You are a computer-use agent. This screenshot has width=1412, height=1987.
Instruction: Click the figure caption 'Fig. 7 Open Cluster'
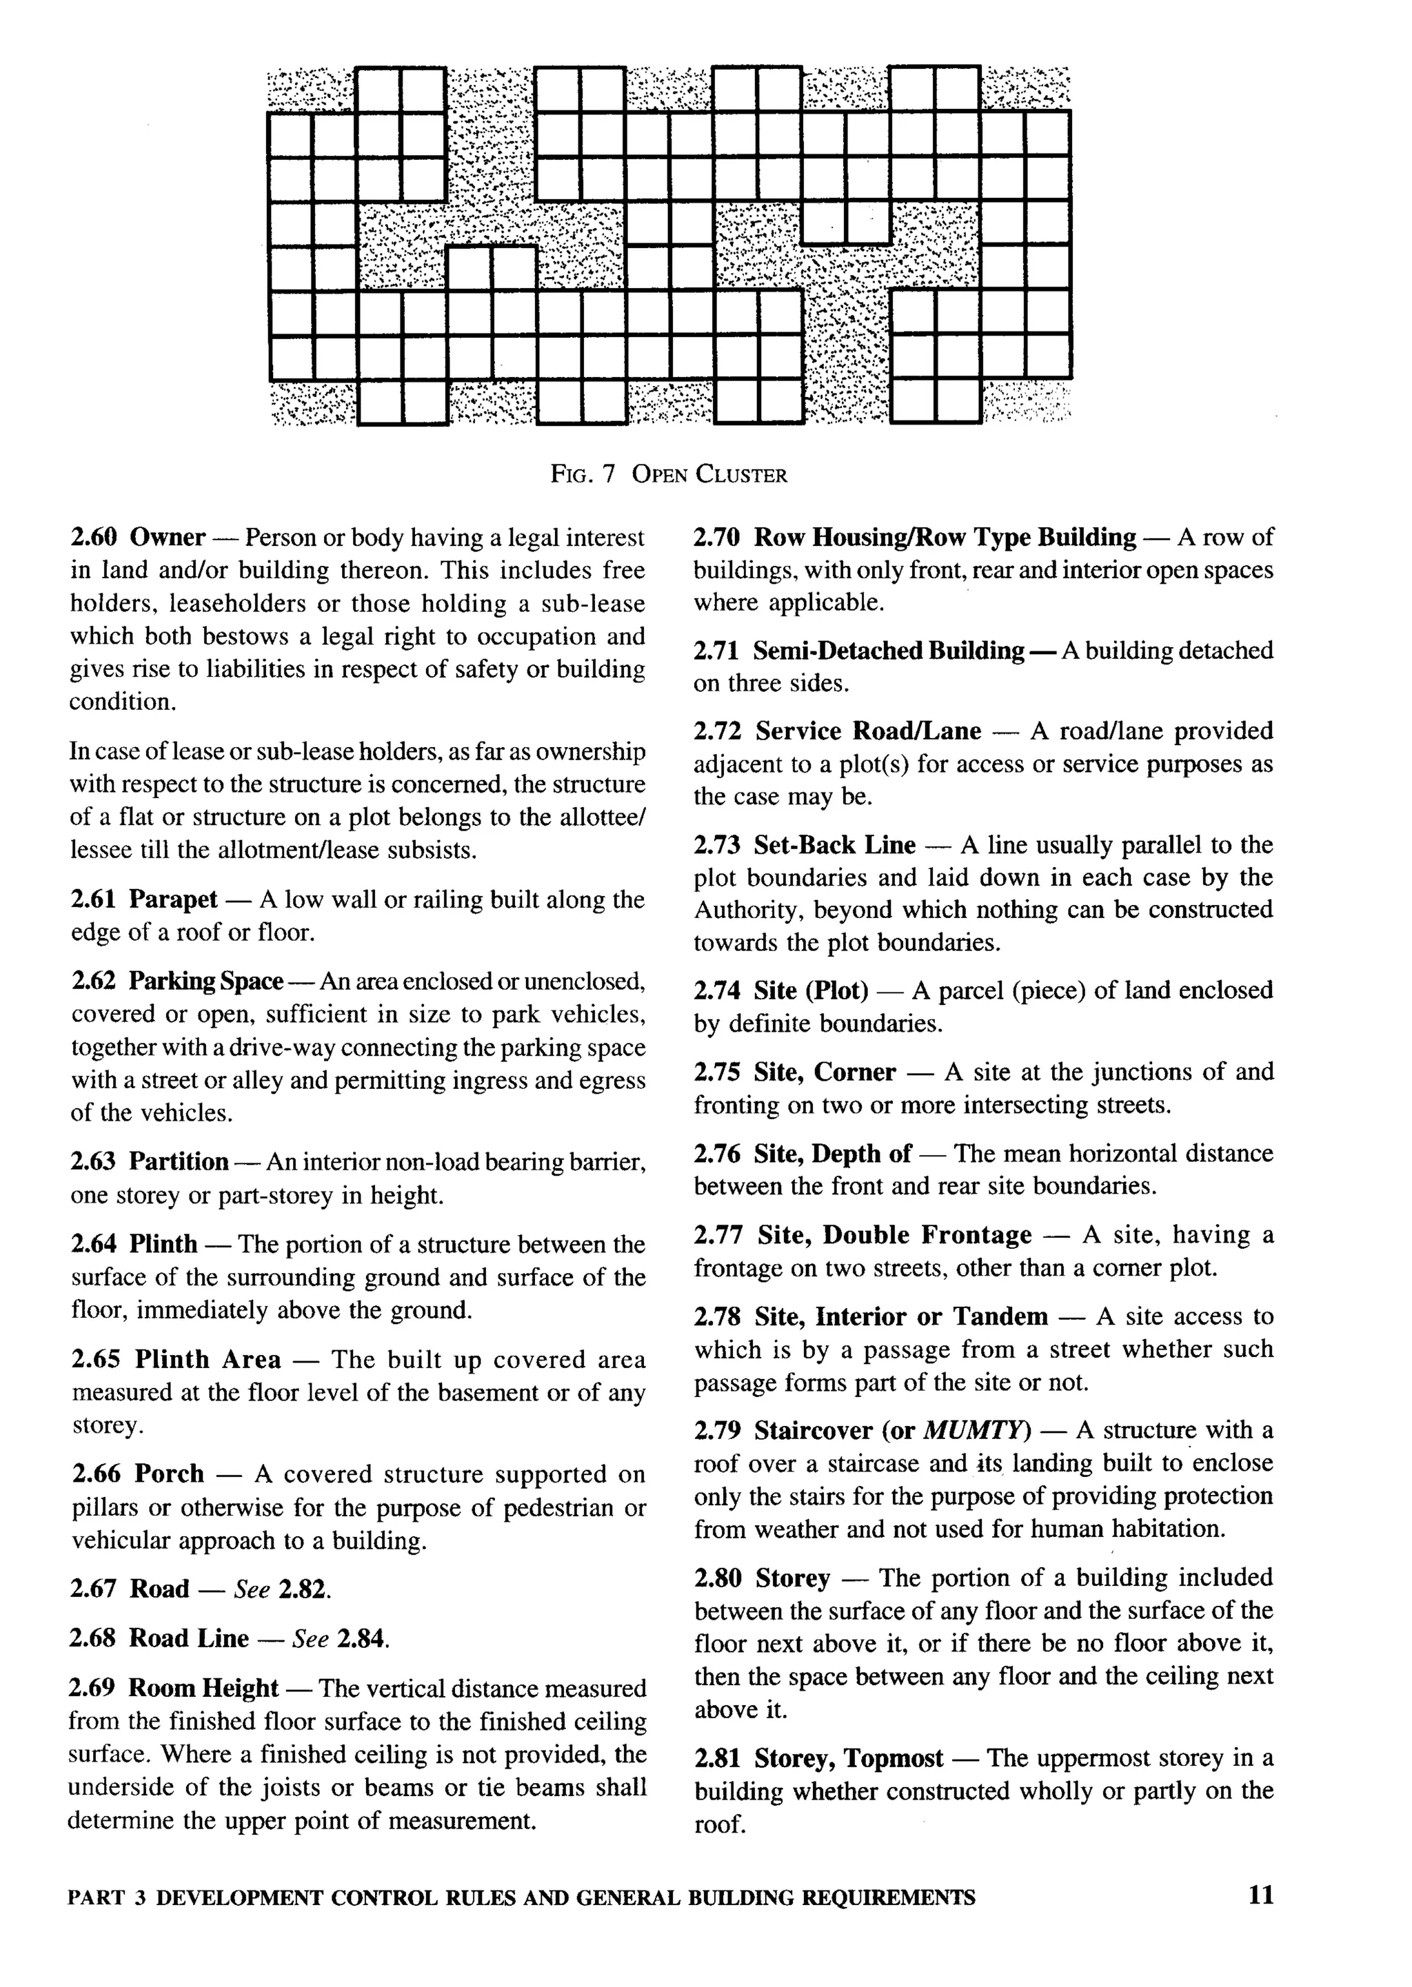point(669,475)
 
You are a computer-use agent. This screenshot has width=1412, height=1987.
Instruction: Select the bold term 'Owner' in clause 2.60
point(167,537)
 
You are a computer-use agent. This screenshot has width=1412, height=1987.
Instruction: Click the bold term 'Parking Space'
point(206,981)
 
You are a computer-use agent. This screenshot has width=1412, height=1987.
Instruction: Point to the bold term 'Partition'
point(179,1161)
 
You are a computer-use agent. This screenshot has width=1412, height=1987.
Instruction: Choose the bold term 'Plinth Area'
point(208,1359)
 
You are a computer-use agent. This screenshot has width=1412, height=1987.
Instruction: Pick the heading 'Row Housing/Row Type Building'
point(945,537)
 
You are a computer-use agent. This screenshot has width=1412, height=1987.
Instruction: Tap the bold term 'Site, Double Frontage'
point(894,1235)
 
